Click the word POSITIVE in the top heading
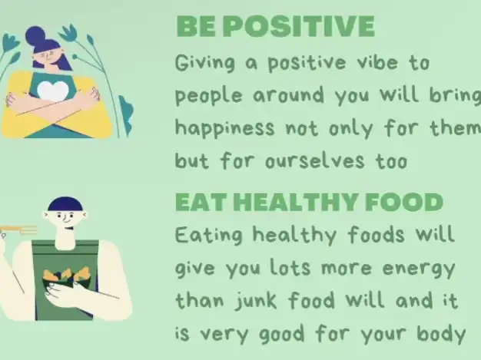[x=299, y=26]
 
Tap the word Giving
[x=205, y=63]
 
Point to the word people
[x=208, y=95]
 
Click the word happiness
[x=224, y=127]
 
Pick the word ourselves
[x=315, y=160]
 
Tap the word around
[x=288, y=94]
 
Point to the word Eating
[x=209, y=236]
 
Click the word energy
[x=419, y=269]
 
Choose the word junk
[x=257, y=301]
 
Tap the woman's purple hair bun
[x=35, y=36]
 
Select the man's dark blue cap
[x=65, y=204]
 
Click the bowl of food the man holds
[x=67, y=279]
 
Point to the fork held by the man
[x=18, y=230]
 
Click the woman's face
[x=47, y=58]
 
